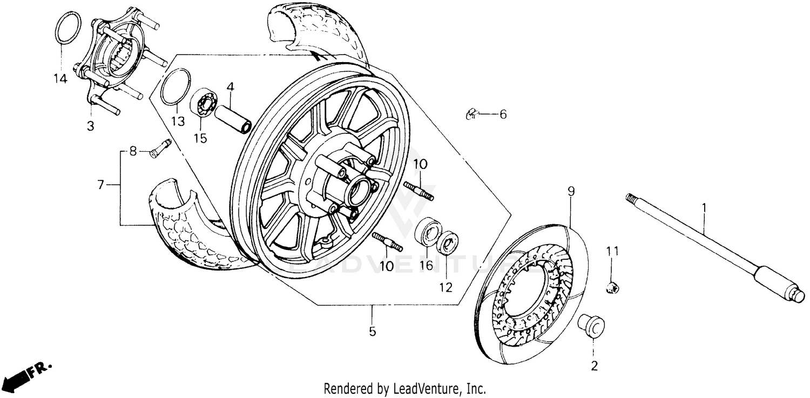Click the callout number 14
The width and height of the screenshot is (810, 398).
[60, 79]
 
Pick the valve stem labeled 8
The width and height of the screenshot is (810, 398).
[159, 147]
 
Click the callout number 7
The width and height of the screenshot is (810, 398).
[100, 185]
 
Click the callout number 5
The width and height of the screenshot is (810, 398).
[372, 331]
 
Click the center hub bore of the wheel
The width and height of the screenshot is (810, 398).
[357, 192]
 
